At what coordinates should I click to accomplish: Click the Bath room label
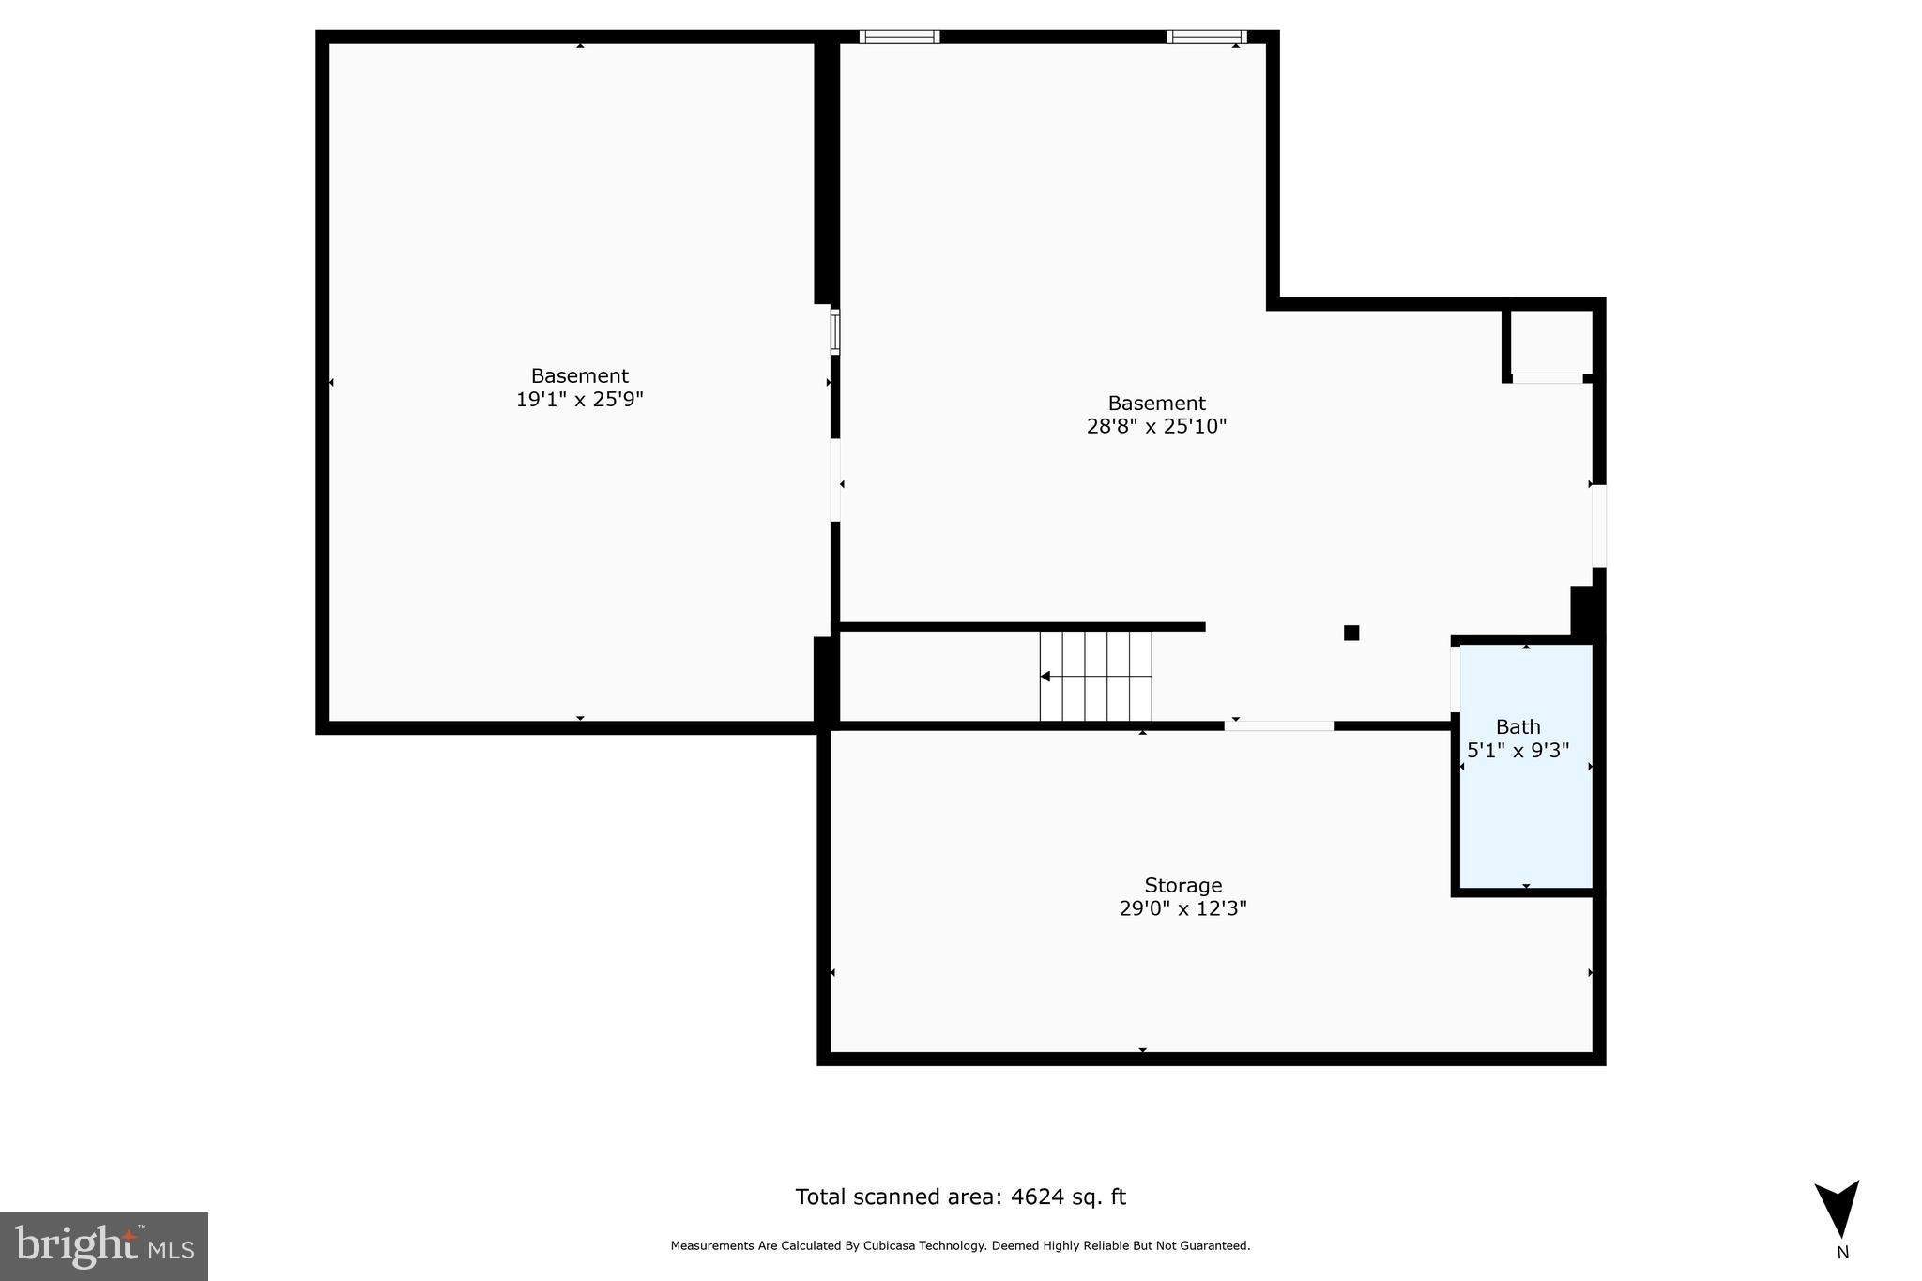[1518, 726]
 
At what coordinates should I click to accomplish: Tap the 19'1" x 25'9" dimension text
[579, 400]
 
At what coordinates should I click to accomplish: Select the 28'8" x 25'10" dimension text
[1156, 427]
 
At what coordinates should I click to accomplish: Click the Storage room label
[1182, 885]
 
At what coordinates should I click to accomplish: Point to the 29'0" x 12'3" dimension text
[1182, 908]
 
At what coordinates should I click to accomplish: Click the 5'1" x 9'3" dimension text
[1518, 751]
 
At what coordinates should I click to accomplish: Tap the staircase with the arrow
[1095, 676]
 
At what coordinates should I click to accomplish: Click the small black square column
[1351, 633]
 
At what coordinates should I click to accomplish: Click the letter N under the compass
[1842, 1253]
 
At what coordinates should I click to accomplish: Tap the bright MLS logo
[104, 1246]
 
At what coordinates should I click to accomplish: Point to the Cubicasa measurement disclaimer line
[960, 1246]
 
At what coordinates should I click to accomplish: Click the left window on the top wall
[899, 37]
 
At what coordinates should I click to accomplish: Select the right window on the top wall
[1206, 37]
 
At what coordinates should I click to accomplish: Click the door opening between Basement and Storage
[1278, 725]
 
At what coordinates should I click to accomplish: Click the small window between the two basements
[835, 331]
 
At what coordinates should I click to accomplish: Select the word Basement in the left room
[579, 375]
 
